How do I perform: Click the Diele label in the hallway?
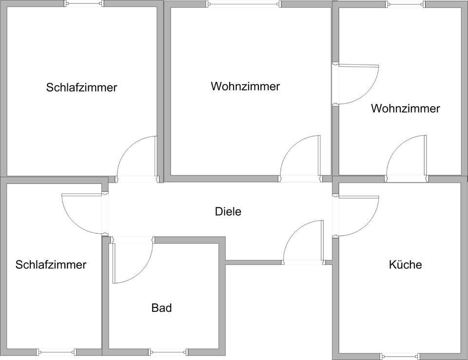click(x=228, y=212)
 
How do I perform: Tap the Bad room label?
click(x=161, y=308)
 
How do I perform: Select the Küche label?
click(x=405, y=265)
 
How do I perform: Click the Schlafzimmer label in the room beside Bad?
click(x=51, y=265)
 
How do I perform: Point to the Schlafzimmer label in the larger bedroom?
click(x=81, y=88)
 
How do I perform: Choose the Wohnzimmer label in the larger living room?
click(x=245, y=86)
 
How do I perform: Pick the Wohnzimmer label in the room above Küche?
click(x=405, y=108)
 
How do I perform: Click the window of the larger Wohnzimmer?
click(x=244, y=4)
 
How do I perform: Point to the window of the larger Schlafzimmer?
click(x=84, y=3)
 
